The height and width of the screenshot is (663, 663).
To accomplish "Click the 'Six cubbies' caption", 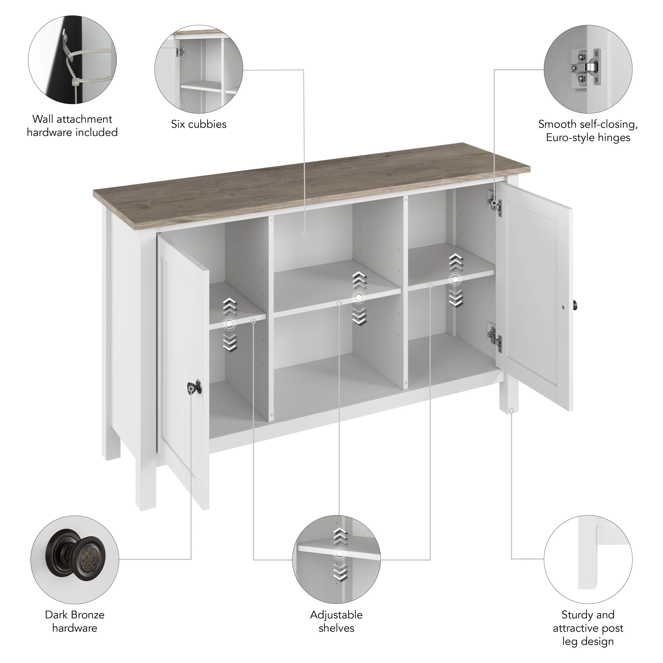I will click(x=199, y=124).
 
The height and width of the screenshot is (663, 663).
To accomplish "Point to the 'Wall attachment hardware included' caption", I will click(x=72, y=126).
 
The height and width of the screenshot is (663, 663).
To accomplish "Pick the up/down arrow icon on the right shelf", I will click(x=455, y=280).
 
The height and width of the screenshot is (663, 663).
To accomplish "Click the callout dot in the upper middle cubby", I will click(x=305, y=234).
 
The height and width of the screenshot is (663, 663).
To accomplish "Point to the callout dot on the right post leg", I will click(x=511, y=410).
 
